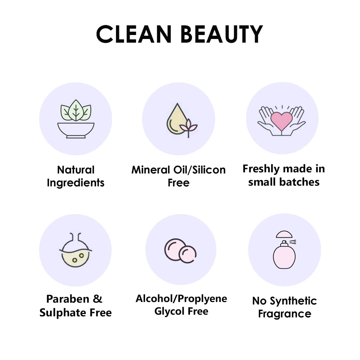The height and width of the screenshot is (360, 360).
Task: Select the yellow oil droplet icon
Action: (176, 120)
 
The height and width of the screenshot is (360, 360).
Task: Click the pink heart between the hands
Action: (282, 121)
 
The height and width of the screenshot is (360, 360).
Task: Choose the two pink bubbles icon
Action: (180, 250)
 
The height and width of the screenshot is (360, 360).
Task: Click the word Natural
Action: (76, 170)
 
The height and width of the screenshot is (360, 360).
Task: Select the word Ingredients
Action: (76, 183)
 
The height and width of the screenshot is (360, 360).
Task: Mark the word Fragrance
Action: (285, 314)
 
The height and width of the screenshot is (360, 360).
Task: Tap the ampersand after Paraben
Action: (98, 299)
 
